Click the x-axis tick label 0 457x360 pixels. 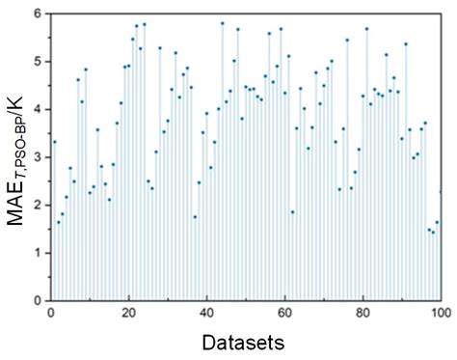[x=51, y=313]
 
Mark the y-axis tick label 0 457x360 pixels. [x=37, y=300]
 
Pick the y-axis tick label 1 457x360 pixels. [x=37, y=253]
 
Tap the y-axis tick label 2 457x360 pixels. [x=37, y=206]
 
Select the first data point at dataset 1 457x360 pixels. [x=55, y=142]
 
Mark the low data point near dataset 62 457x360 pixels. [x=293, y=211]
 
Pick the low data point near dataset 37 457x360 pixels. [x=195, y=216]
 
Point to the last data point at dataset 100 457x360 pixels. [x=441, y=191]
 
